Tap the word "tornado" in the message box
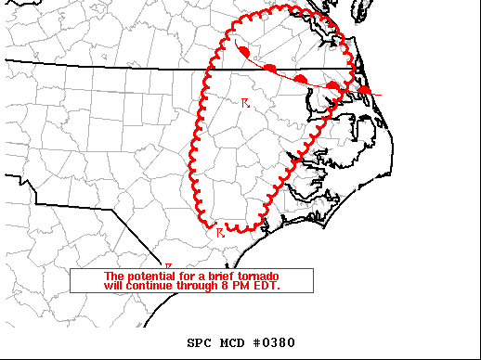(256, 276)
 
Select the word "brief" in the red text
(214, 276)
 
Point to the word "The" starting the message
(113, 276)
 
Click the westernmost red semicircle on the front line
(243, 52)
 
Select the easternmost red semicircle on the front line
(365, 90)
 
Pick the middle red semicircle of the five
(302, 78)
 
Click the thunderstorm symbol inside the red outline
(245, 102)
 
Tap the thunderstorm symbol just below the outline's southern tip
(220, 233)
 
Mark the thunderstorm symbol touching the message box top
(168, 266)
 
